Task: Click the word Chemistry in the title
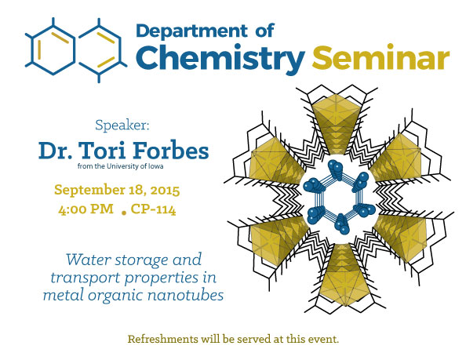click(220, 59)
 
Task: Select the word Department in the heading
click(191, 31)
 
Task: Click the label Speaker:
click(122, 125)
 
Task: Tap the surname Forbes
click(170, 151)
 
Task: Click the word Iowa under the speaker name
click(156, 166)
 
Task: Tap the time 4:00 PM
click(86, 209)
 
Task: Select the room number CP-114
click(153, 209)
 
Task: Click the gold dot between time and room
click(124, 213)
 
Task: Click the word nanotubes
click(185, 295)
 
